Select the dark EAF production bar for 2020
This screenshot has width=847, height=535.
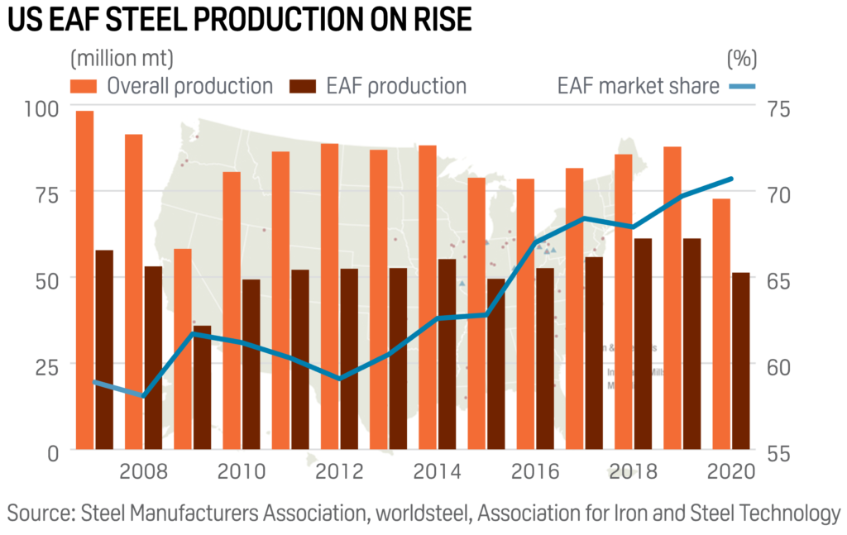point(741,361)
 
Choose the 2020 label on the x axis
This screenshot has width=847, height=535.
point(732,472)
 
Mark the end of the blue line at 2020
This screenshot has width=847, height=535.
point(731,179)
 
